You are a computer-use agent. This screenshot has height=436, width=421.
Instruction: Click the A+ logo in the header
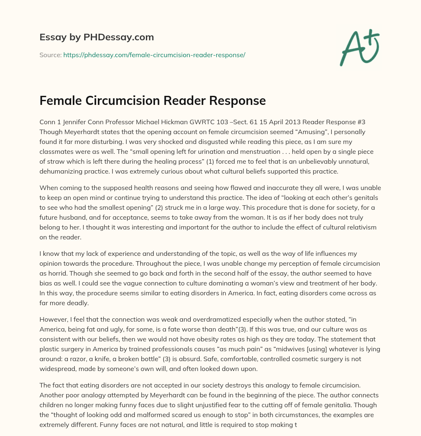pos(359,46)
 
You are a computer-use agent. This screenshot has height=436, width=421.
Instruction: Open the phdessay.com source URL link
pos(154,55)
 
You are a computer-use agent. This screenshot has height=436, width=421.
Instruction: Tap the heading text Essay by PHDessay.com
pos(97,37)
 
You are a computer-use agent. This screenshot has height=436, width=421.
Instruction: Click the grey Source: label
pos(50,55)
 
